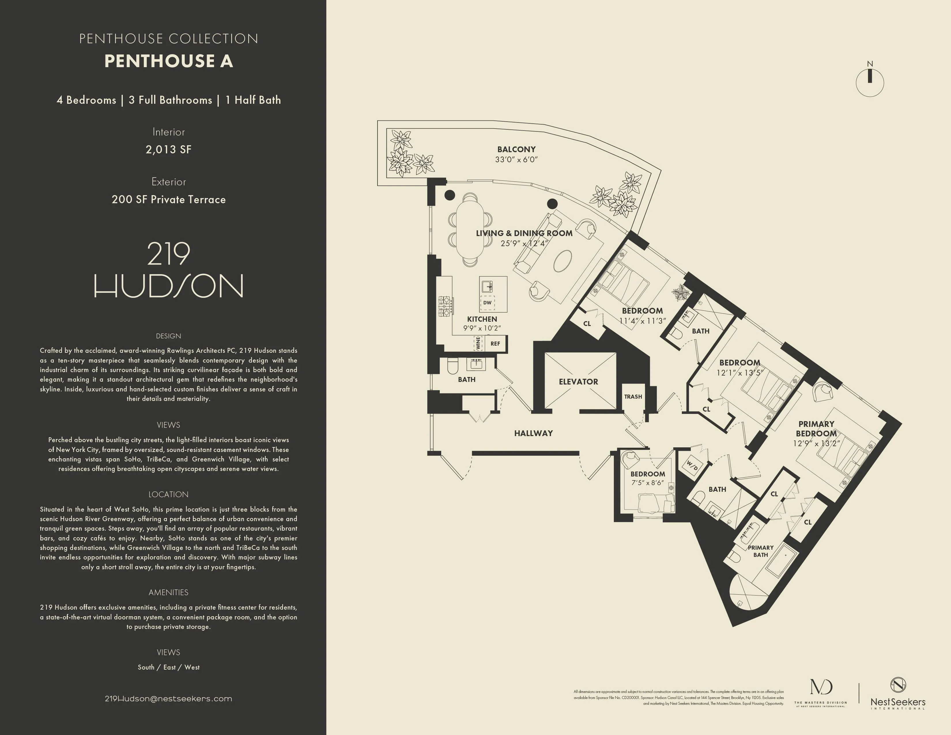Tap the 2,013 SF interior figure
click(x=169, y=149)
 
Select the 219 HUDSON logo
click(x=169, y=270)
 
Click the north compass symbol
click(x=869, y=81)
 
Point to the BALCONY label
click(x=516, y=149)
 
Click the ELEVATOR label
click(x=578, y=381)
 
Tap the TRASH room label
click(x=633, y=397)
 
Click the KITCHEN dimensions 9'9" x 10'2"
click(x=482, y=328)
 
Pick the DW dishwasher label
click(x=487, y=303)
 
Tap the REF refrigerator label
click(x=495, y=344)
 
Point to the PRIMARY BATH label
click(x=761, y=551)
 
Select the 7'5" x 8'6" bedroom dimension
click(x=648, y=483)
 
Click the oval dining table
click(x=470, y=229)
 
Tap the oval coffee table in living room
click(x=562, y=261)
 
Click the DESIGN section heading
click(x=169, y=336)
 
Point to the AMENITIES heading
click(x=169, y=593)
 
